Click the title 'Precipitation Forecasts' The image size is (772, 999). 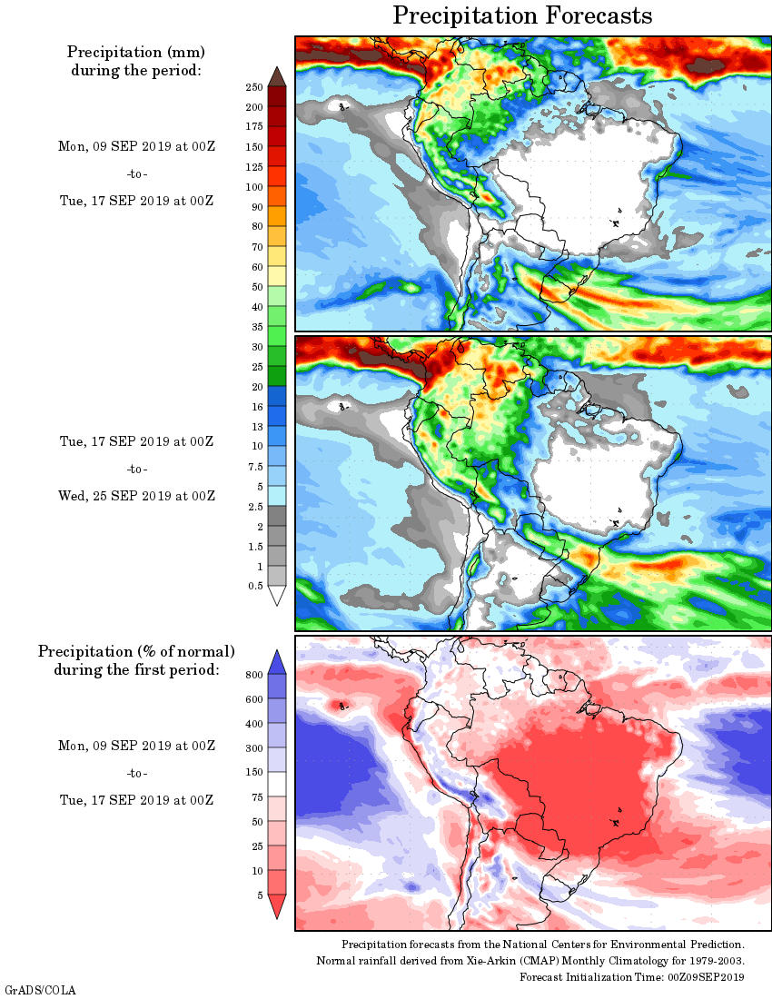[522, 15]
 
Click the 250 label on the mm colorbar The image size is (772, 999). [253, 87]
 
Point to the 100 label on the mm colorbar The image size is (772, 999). [253, 187]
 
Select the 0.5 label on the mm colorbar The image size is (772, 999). [256, 586]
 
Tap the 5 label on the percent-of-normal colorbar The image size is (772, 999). [259, 895]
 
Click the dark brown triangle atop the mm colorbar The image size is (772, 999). [277, 76]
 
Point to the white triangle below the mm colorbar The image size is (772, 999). [277, 596]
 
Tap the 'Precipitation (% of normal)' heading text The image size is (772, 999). [136, 651]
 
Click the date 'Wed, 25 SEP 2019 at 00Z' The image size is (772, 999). [137, 496]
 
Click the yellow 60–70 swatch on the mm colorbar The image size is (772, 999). [277, 257]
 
